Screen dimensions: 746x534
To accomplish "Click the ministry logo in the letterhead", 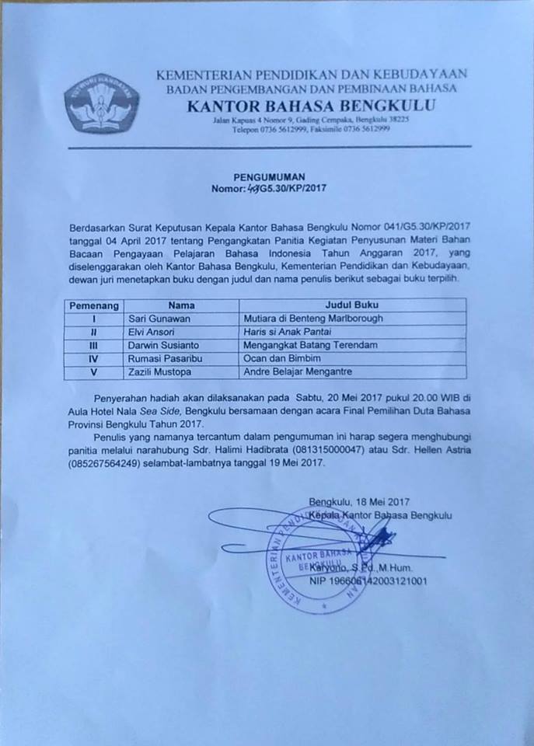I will tap(101, 102).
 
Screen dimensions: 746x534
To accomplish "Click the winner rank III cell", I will tap(93, 345).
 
